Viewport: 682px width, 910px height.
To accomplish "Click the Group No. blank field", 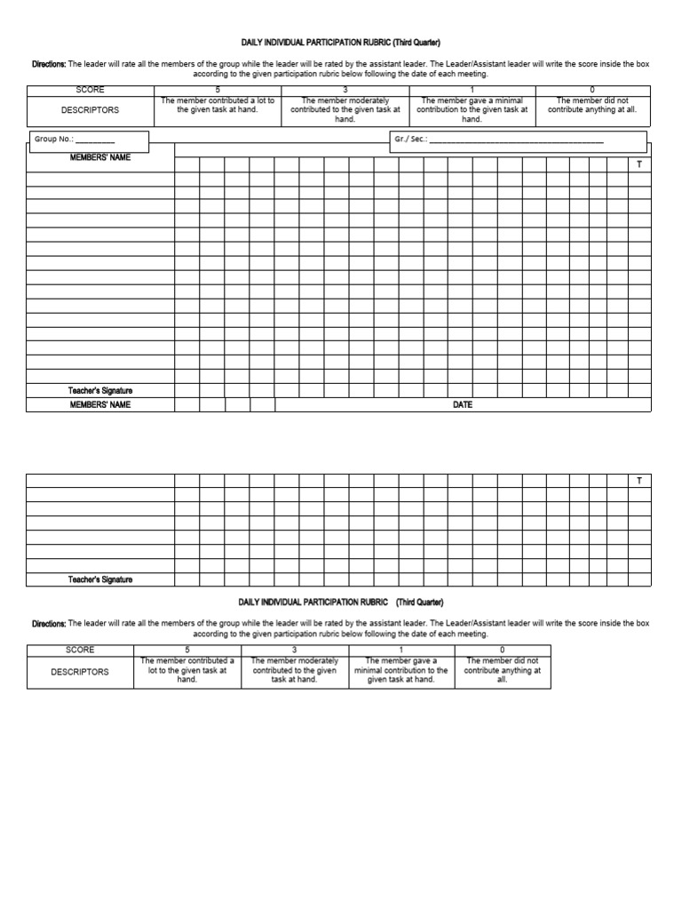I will click(95, 140).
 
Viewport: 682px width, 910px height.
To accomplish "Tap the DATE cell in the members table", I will click(463, 404).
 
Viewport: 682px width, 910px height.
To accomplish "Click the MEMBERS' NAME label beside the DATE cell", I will click(100, 404).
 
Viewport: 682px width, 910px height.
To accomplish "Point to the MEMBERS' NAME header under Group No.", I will click(100, 157).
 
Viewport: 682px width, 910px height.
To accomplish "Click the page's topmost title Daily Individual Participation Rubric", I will click(340, 43).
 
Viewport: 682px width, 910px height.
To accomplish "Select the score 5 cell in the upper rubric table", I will click(218, 91).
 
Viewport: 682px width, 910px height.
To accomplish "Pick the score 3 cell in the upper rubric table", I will click(345, 91).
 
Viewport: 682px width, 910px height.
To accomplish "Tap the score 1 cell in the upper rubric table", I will click(472, 91).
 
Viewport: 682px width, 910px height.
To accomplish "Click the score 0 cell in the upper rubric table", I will click(592, 91).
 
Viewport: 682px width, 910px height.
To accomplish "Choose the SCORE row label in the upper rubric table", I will click(91, 91).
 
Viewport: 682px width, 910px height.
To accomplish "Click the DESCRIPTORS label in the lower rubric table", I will click(80, 672).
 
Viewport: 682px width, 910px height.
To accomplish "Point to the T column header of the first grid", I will click(638, 164).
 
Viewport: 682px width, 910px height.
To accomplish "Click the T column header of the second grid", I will click(638, 481).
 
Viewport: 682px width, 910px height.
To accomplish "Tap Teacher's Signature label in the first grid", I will click(100, 390).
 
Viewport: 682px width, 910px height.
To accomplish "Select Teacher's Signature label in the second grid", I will click(100, 579).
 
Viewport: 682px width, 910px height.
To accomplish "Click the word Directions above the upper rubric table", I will click(49, 64).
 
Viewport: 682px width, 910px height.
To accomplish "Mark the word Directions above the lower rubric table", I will click(49, 624).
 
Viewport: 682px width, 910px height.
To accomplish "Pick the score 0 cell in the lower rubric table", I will click(502, 651).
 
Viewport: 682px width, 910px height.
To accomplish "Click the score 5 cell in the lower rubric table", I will click(187, 651).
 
